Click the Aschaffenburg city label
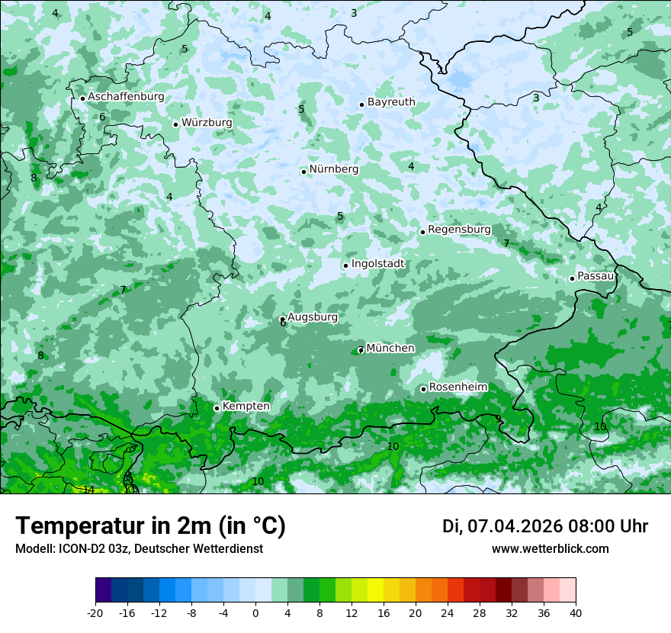(126, 97)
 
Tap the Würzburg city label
(207, 123)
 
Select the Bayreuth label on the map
(391, 102)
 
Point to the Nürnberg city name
(333, 169)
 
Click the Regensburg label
(459, 230)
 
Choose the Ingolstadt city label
(377, 264)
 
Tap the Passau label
(596, 276)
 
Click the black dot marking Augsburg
(282, 319)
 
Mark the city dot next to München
(361, 350)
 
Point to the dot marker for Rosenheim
(423, 389)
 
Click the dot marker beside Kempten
(217, 408)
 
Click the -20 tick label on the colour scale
(95, 612)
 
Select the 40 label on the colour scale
(576, 612)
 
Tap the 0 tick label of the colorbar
(255, 612)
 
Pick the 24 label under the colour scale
(448, 612)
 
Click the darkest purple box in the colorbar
(103, 590)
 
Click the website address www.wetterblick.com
(550, 549)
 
